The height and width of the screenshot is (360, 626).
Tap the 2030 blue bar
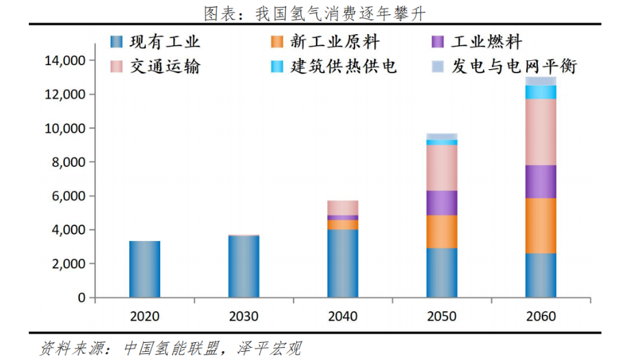244,266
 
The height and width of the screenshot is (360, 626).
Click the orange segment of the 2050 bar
442,231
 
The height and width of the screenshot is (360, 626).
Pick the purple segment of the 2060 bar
540,181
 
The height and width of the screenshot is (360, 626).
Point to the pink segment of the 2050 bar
442,168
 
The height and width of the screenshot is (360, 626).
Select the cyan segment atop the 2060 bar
540,92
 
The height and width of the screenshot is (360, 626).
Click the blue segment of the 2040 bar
343,263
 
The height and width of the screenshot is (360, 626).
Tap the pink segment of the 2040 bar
343,207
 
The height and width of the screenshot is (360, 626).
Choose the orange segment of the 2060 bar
540,226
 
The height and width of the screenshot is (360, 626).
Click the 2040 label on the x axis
343,316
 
